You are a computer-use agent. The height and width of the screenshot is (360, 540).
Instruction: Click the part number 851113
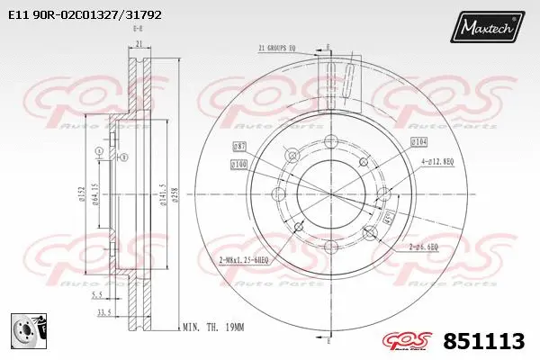(x=484, y=341)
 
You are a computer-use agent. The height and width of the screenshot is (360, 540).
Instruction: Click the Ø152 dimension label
(x=82, y=193)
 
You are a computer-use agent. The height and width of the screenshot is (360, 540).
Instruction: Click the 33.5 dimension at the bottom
(x=104, y=312)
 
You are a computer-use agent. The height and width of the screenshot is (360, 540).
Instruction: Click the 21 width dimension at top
(x=137, y=42)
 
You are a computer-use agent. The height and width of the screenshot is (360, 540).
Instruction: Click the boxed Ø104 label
(x=418, y=142)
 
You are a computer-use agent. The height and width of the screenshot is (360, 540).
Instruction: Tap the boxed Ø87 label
(x=239, y=146)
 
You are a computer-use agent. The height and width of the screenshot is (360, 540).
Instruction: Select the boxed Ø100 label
(x=238, y=164)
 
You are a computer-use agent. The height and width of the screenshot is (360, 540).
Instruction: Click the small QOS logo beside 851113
(x=409, y=341)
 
